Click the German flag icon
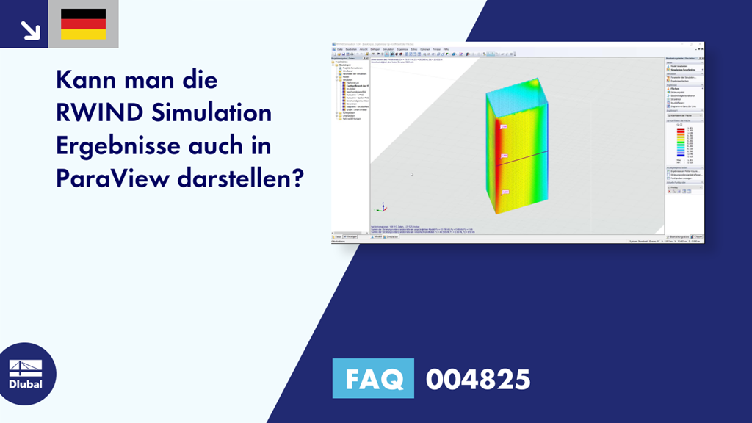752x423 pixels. point(83,24)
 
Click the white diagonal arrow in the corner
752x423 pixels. point(29,29)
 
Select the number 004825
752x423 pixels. point(477,380)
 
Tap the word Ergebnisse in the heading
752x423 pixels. point(115,145)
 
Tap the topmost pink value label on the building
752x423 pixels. point(505,127)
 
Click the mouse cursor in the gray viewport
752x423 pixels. point(411,174)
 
